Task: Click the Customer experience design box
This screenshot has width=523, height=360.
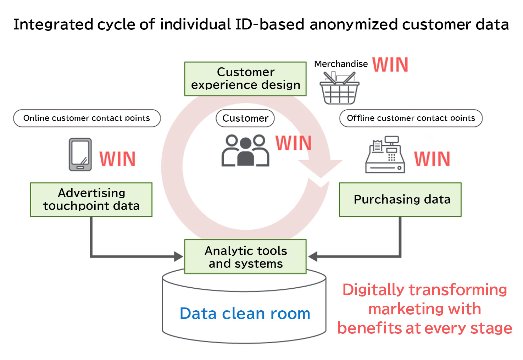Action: coord(245,79)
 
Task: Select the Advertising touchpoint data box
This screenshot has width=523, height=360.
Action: coord(91,199)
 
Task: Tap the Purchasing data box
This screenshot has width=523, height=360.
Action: coord(400,199)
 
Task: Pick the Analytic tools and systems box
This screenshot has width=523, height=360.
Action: coord(245,256)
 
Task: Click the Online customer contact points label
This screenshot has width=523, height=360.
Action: coord(87,118)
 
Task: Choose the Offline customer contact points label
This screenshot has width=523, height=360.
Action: coord(411,118)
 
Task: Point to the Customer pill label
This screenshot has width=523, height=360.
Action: coord(245,118)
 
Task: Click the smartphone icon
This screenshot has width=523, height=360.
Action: coord(80,154)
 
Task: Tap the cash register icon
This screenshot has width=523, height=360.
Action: coord(385,154)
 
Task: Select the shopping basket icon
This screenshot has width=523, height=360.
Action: coord(339,88)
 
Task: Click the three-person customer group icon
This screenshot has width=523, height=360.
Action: coord(245,150)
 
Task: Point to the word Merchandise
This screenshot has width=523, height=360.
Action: coord(341,64)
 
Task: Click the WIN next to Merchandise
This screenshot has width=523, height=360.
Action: coord(390,65)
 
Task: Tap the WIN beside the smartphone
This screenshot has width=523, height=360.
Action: coord(117,159)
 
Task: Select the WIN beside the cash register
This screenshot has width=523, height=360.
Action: coord(432,159)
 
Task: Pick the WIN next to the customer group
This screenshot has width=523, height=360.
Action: coord(294,143)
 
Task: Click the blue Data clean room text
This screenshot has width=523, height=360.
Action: coord(245,313)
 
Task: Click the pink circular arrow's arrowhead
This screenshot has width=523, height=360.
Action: coord(320,168)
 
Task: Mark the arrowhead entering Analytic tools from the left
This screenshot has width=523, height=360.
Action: coord(179,256)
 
